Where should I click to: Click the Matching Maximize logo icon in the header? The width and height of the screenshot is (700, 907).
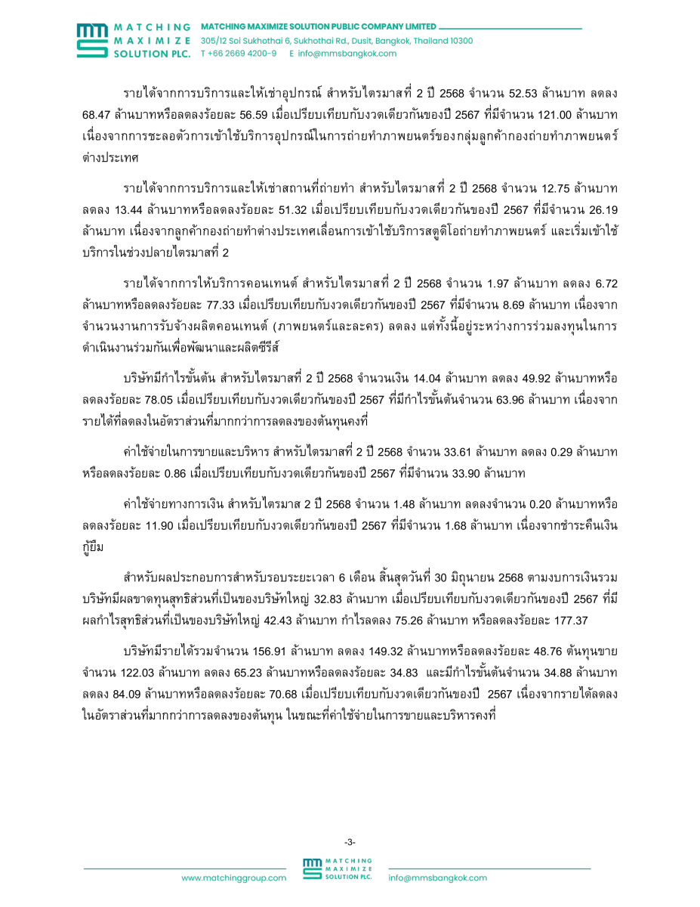93,40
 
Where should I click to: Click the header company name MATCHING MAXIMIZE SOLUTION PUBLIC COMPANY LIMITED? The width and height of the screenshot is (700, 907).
318,26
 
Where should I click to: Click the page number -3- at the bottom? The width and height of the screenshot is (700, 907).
350,841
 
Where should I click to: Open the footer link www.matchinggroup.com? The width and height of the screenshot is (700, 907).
233,878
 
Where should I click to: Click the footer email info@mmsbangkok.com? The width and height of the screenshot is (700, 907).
438,878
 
